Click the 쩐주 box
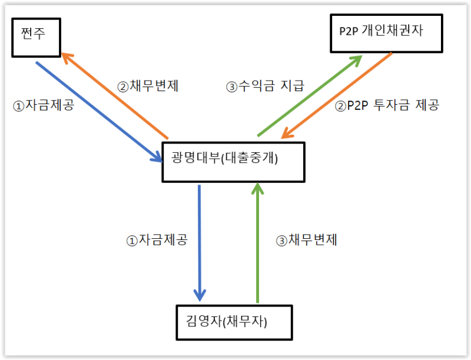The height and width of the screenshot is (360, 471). (x=35, y=38)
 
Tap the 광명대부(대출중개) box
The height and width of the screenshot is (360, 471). (x=234, y=160)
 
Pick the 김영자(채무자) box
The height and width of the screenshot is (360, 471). (x=234, y=322)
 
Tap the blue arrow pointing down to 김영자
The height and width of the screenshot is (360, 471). (x=200, y=241)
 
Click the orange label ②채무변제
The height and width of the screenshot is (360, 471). (x=148, y=86)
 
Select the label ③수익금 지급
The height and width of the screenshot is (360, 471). (x=265, y=86)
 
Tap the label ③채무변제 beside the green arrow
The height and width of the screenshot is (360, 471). (x=306, y=240)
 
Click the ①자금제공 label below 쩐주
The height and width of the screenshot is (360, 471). (x=44, y=106)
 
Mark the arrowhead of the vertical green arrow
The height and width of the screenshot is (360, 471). (x=257, y=188)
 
